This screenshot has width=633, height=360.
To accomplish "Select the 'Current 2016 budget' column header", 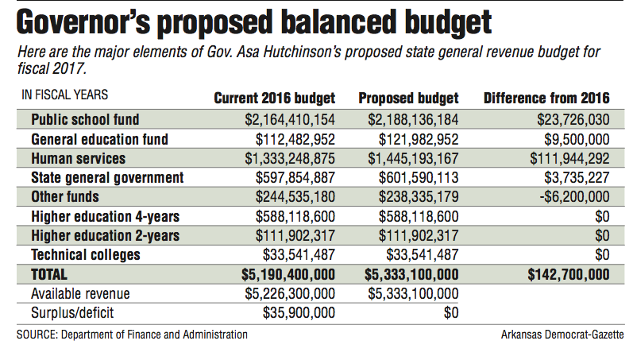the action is click(x=275, y=99).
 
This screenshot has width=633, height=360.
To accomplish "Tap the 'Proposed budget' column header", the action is click(x=408, y=99).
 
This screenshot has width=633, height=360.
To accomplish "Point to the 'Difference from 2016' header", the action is click(x=546, y=99).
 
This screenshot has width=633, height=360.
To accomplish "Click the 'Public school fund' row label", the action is click(x=85, y=119).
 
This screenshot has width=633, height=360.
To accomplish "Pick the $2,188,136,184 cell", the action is click(x=413, y=119).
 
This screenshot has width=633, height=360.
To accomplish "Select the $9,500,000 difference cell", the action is click(x=577, y=139).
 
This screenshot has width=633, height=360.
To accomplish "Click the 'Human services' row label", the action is click(x=79, y=158).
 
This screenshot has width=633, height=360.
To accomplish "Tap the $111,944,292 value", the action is click(x=569, y=158).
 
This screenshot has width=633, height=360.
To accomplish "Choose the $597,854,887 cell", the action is click(x=295, y=178).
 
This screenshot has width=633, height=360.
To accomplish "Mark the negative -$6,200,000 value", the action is click(x=574, y=197).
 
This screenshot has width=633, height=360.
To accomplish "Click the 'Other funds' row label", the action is click(x=65, y=197).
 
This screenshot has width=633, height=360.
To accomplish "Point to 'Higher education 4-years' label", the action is click(x=106, y=217).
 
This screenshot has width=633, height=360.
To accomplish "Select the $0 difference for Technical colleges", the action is click(x=602, y=255).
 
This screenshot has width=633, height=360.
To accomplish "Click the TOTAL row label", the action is click(x=49, y=275).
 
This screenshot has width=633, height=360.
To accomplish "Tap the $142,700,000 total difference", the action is click(x=569, y=275).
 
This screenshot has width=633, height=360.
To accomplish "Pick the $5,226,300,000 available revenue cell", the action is click(x=290, y=294).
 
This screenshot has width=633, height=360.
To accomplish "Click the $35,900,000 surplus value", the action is click(x=299, y=313).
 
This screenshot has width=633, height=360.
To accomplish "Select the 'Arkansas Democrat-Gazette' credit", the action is click(x=562, y=335).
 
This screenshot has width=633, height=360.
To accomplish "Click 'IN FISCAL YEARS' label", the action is click(x=65, y=95).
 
